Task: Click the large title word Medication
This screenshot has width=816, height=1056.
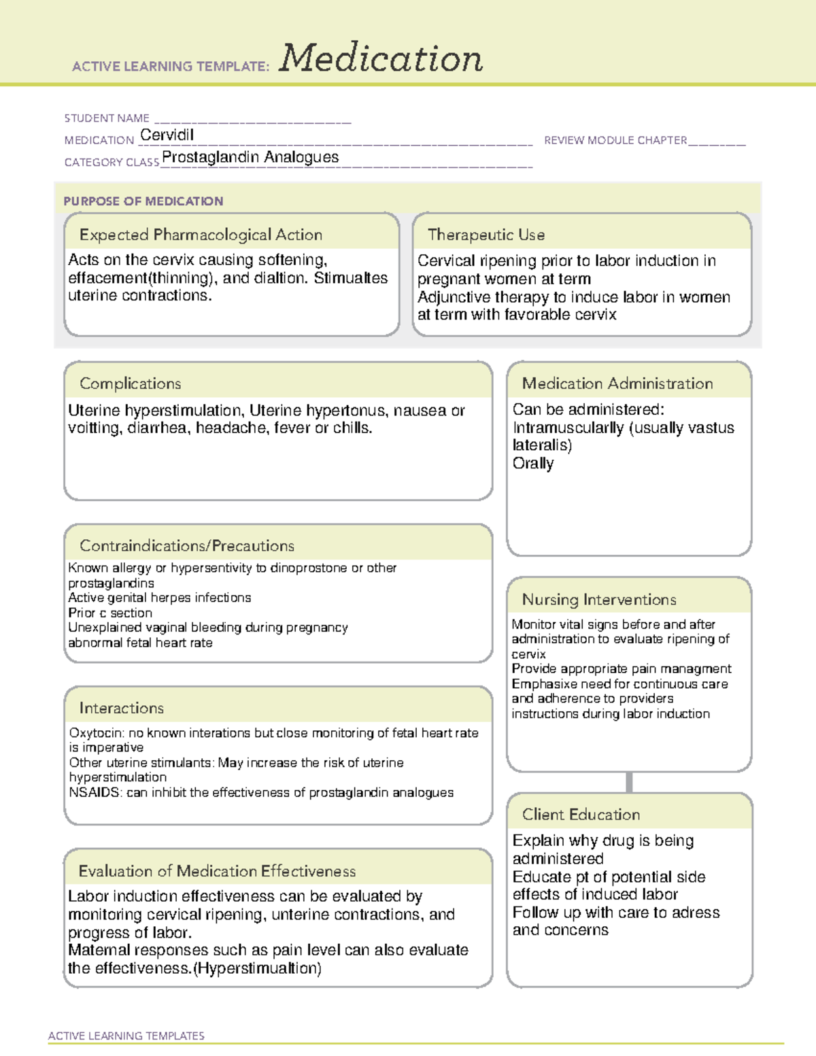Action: tap(381, 58)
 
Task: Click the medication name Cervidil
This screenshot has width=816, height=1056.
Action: tap(167, 135)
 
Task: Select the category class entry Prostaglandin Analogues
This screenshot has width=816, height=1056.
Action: tap(250, 157)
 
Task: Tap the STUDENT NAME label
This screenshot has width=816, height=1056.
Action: tap(107, 118)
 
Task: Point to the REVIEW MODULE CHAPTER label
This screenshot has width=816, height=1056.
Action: tap(615, 140)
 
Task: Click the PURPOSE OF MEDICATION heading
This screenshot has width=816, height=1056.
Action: tap(143, 201)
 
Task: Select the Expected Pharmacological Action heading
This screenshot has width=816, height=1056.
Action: tap(201, 235)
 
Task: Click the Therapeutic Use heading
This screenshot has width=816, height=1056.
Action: tap(486, 235)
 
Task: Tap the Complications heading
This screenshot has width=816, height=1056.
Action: tap(131, 384)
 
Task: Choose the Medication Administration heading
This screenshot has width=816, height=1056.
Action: tap(617, 384)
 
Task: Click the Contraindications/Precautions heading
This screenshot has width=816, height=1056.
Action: tap(187, 545)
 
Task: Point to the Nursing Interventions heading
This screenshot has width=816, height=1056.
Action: tap(599, 599)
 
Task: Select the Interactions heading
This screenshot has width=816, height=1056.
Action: tap(122, 708)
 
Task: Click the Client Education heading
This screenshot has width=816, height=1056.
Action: tap(581, 815)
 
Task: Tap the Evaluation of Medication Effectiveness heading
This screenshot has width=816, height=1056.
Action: tap(217, 871)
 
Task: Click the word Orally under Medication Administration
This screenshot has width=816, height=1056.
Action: tap(533, 463)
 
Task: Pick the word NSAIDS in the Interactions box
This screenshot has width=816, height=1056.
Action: tap(94, 792)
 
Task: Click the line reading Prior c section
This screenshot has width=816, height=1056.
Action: tap(110, 613)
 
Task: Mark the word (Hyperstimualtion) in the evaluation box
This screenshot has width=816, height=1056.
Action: tap(257, 968)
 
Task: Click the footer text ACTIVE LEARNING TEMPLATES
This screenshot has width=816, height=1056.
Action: tap(126, 1036)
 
